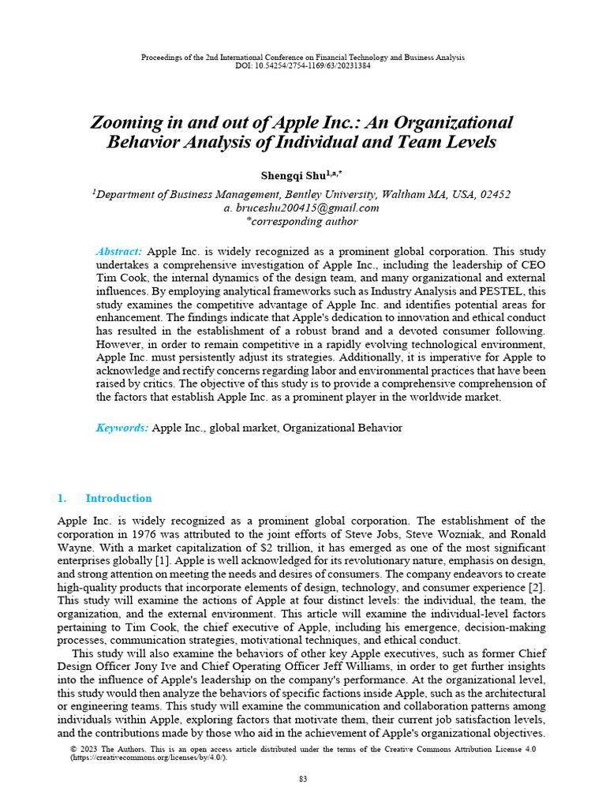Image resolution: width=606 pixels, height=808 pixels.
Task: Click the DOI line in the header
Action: (302, 65)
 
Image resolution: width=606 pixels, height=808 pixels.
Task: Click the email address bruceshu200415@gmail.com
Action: (309, 208)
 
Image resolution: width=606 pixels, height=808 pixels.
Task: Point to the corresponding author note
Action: (302, 222)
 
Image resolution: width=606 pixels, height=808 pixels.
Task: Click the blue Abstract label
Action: (118, 251)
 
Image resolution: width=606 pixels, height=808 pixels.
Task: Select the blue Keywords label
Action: (122, 428)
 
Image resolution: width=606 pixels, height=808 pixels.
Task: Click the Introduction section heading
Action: (118, 498)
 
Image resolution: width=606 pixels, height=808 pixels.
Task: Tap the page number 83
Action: (302, 779)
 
